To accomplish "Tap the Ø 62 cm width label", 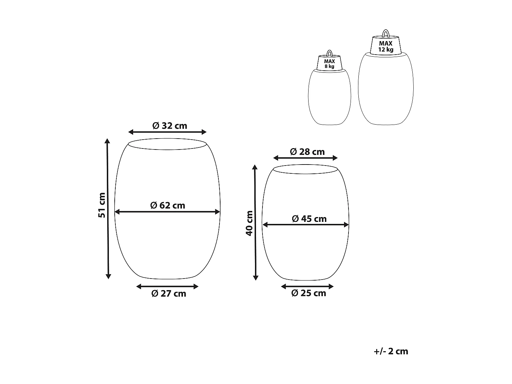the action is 168,205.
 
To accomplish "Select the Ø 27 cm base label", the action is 169,294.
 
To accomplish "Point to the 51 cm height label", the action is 102,205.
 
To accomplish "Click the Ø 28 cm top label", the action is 307,152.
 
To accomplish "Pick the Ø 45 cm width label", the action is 309,219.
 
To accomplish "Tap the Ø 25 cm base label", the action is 308,293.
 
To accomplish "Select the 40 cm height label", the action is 250,223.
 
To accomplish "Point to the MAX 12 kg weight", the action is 386,46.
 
